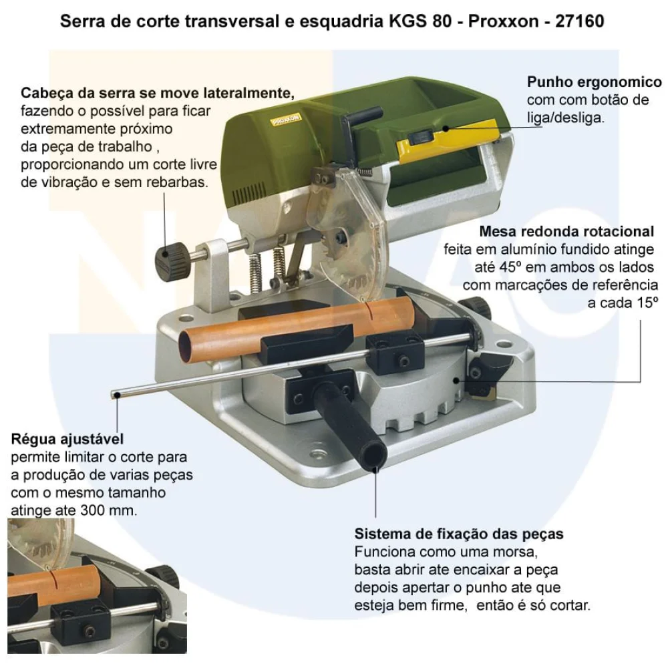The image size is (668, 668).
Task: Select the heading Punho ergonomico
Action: point(595,82)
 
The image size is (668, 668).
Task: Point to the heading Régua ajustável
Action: point(67,439)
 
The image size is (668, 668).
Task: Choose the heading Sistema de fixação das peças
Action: point(459,534)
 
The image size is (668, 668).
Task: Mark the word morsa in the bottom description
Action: point(518,553)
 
